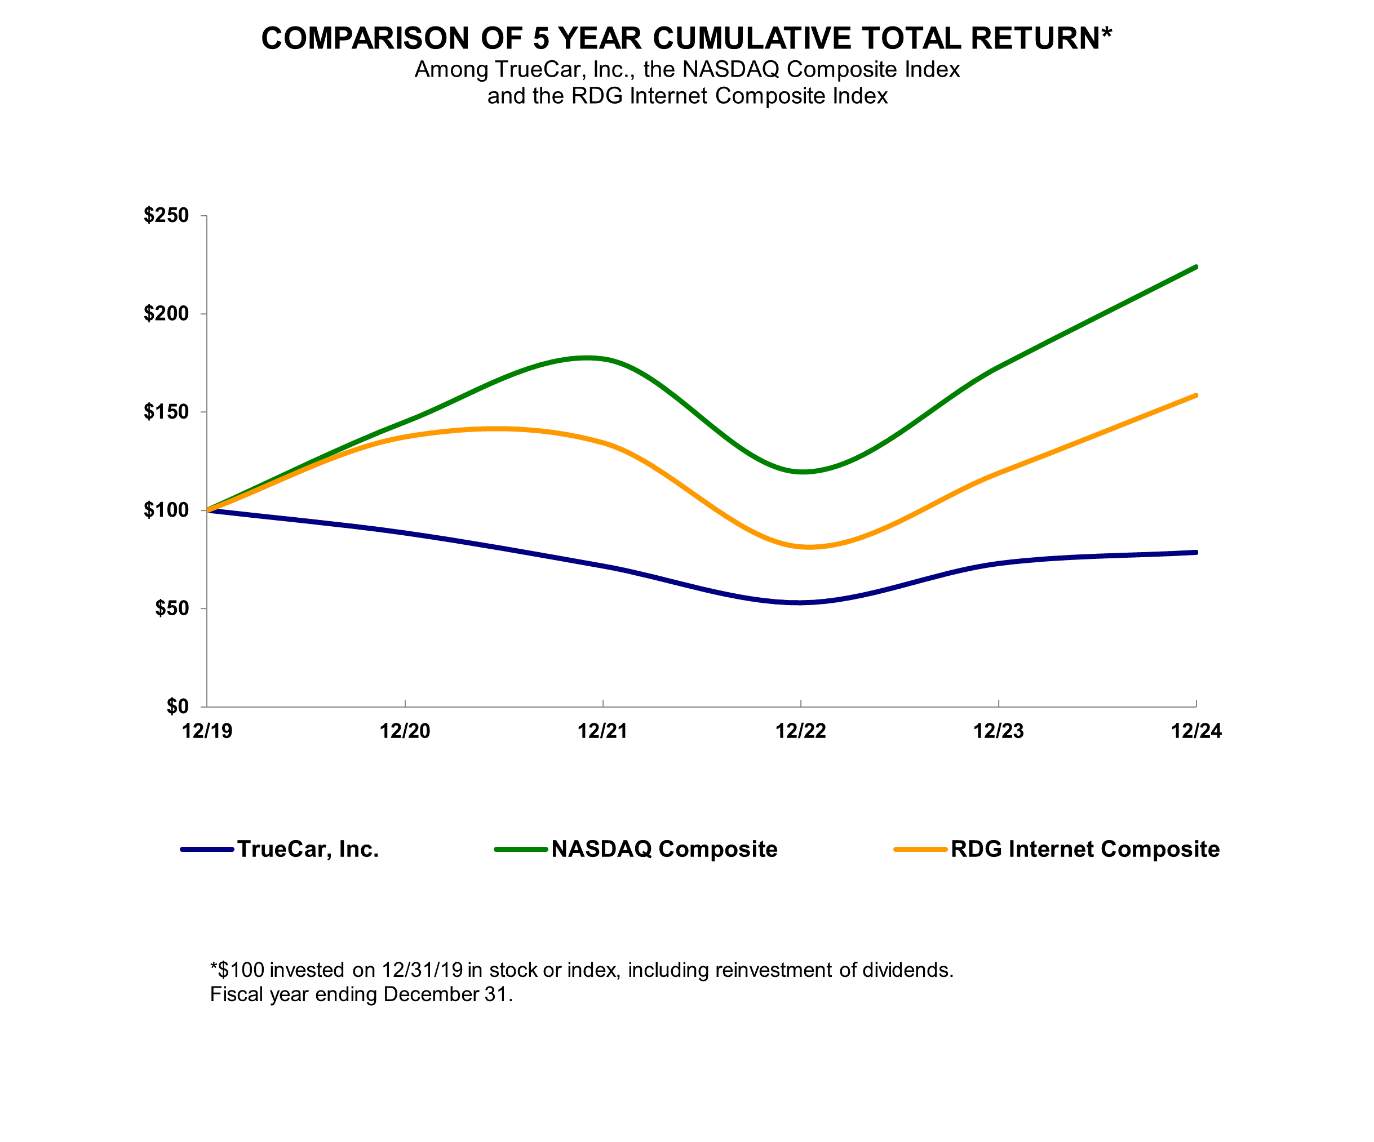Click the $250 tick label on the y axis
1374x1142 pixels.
click(x=166, y=215)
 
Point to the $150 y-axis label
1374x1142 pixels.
click(x=166, y=412)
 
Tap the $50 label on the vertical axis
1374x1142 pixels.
click(x=171, y=608)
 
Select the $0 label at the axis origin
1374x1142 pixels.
click(x=178, y=706)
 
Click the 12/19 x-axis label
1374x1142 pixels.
click(x=207, y=731)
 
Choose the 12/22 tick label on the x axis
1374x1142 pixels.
click(x=800, y=731)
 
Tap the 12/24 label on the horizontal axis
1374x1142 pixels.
click(x=1196, y=731)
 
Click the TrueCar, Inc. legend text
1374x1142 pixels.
click(x=308, y=849)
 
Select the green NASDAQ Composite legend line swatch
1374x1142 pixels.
click(x=521, y=849)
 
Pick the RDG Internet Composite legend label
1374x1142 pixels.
click(x=1085, y=849)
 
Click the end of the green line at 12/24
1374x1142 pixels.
click(x=1195, y=267)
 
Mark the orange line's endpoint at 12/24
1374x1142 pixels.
click(x=1195, y=396)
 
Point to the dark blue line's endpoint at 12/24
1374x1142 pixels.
click(x=1195, y=553)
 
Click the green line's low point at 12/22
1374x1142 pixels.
click(x=801, y=472)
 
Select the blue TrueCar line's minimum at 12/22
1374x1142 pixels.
click(x=800, y=602)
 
